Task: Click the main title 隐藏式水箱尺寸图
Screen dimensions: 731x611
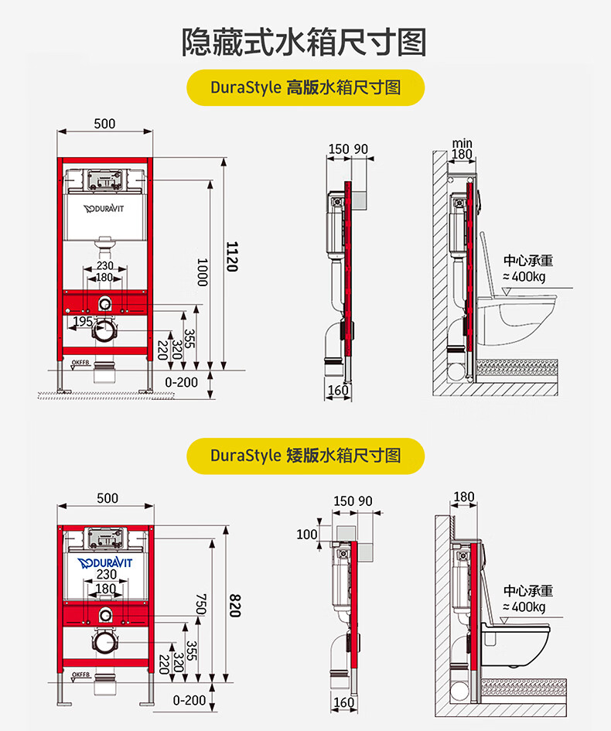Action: point(305,42)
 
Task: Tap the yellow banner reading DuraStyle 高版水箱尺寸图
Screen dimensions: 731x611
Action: point(305,87)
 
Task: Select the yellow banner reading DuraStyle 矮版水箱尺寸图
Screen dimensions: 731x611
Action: point(305,455)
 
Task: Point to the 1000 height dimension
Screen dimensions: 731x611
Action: point(202,272)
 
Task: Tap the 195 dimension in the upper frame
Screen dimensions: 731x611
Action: point(83,321)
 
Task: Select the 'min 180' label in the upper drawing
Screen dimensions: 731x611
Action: point(462,149)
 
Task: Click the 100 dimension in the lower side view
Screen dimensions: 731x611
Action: point(307,534)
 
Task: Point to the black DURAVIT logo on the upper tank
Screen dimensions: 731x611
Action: point(104,209)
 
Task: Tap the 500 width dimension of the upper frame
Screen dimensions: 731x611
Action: point(104,124)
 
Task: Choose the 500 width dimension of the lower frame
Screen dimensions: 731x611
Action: point(108,498)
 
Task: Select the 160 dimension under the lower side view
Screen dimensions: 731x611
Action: point(343,702)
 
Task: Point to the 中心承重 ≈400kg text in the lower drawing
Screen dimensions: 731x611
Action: point(528,599)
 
